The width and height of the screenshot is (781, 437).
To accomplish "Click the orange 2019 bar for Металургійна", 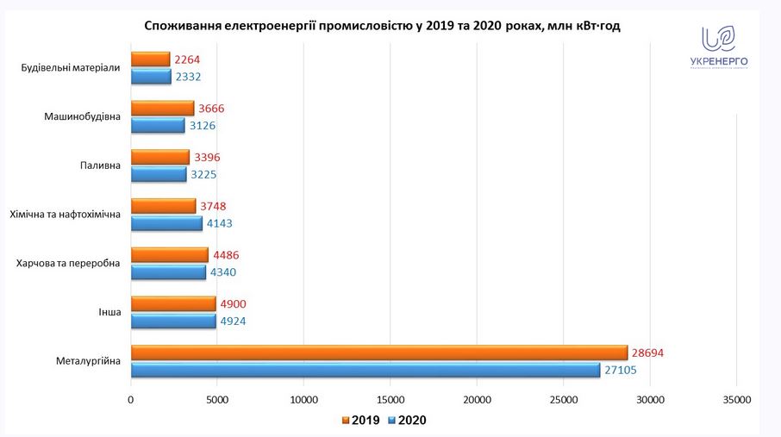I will (379, 353).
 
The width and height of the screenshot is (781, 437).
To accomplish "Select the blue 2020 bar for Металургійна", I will (366, 371).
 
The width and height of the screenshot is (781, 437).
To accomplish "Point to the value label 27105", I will (627, 371).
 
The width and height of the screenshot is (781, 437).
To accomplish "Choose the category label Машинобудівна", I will (82, 116).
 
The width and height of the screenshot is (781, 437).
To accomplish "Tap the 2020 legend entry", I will (408, 421).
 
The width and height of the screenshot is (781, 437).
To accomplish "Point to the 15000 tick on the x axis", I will (390, 400).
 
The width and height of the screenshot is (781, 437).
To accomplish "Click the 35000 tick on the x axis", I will (736, 400).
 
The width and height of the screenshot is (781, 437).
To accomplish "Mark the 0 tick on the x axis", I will (131, 400).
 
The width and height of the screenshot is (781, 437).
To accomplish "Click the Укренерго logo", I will (718, 47).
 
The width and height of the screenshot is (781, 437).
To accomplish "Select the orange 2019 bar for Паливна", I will (160, 158).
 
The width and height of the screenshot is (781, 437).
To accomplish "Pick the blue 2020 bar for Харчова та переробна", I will (168, 272).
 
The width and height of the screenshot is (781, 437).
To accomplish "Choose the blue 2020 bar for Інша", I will (173, 322).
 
